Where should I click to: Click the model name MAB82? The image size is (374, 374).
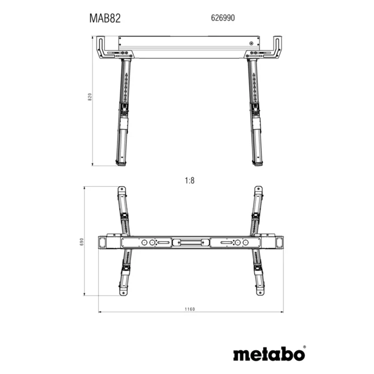coord(106,17)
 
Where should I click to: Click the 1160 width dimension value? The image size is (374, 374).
coord(190,309)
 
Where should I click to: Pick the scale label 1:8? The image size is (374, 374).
coord(190,180)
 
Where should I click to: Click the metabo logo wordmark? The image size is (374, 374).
coord(269,354)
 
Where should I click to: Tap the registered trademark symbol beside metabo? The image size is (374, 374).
coord(304,346)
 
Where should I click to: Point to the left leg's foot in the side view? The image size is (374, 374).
coord(121,163)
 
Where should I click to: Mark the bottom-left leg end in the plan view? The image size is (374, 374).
coord(120,293)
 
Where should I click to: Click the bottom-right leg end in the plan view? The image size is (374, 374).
coord(259,293)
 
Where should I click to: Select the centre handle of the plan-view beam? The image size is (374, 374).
coord(190,242)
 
